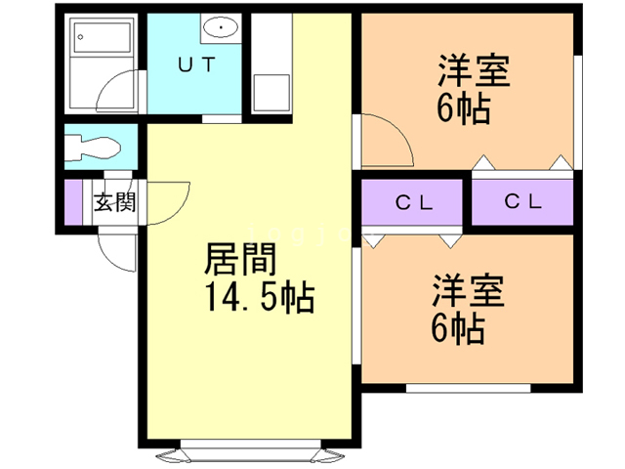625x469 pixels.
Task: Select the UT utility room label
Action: point(196,65)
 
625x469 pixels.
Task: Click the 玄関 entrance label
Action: point(114,203)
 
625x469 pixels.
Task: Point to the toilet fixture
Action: point(93,149)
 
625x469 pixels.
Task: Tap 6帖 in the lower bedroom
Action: point(458,328)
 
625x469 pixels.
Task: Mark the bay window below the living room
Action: point(249,453)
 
